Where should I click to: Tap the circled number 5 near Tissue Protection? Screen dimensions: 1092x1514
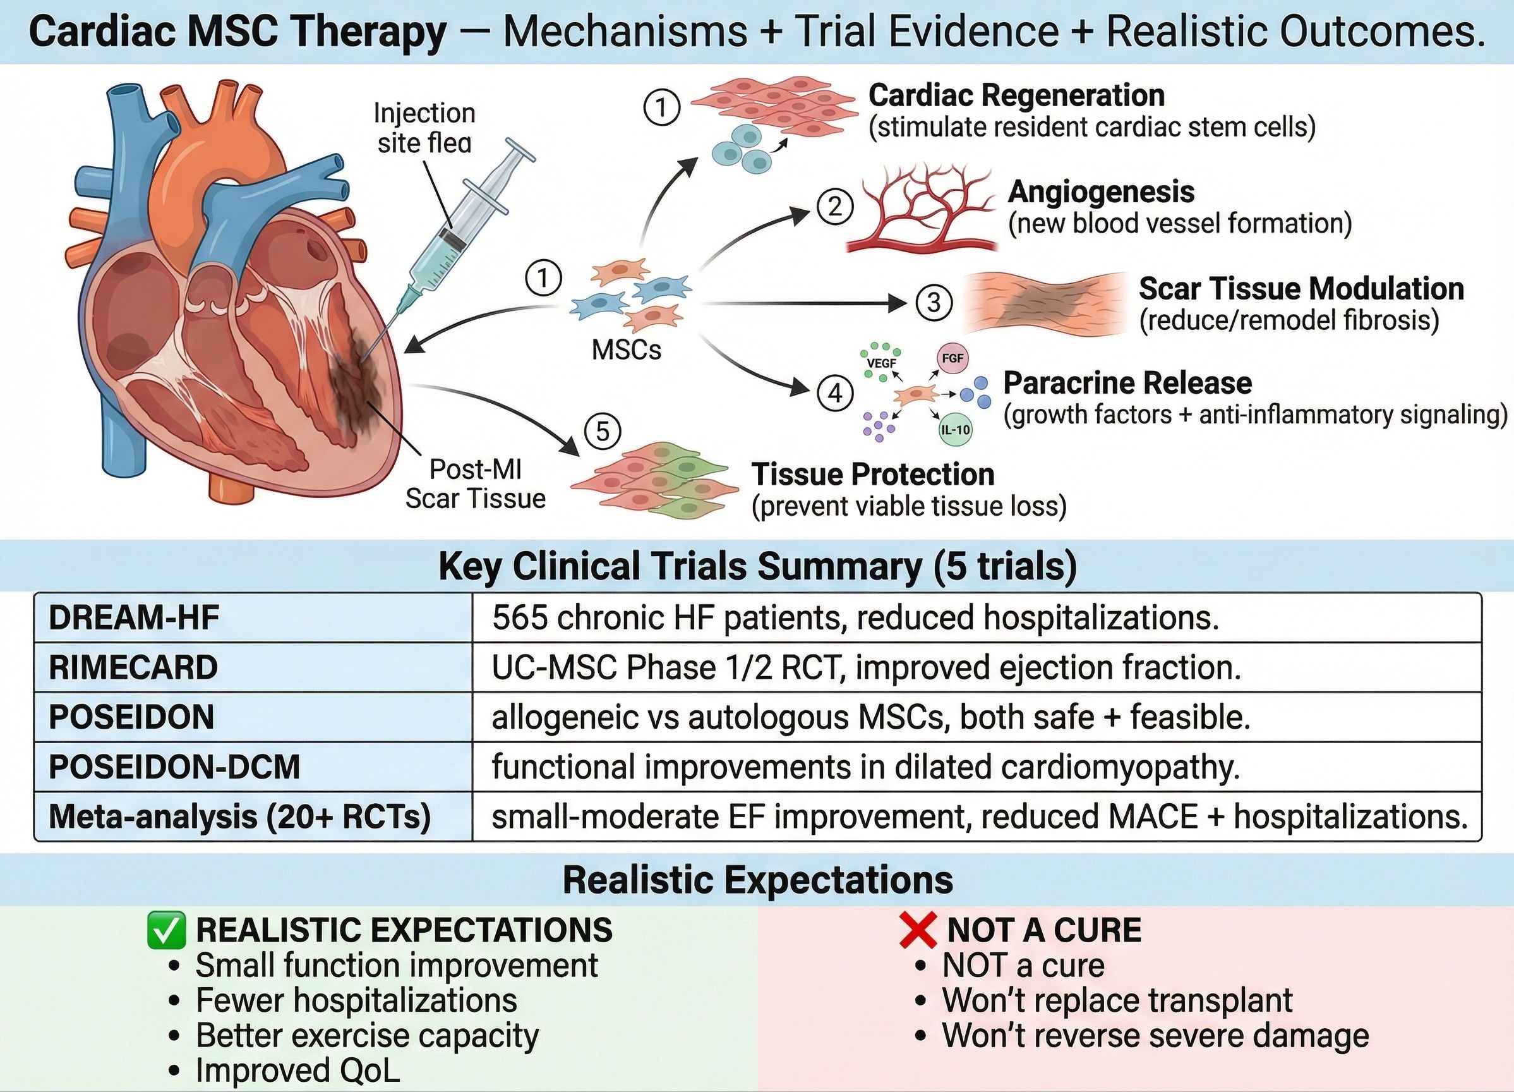(602, 432)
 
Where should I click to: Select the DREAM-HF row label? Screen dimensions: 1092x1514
(134, 618)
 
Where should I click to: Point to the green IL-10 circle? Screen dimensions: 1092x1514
(955, 430)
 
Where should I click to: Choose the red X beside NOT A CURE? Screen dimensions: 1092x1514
(918, 930)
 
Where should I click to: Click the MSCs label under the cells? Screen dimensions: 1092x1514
(626, 349)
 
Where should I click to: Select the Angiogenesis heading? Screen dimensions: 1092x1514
(1101, 191)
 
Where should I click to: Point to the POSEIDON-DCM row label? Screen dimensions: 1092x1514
(174, 767)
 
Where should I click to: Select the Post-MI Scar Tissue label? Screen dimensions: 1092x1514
(475, 483)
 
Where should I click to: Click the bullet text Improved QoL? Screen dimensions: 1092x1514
(297, 1070)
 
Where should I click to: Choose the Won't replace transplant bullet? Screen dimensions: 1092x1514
(1117, 1000)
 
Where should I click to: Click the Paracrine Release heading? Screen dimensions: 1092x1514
(1127, 383)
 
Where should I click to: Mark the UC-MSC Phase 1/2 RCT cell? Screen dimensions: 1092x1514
(866, 667)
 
